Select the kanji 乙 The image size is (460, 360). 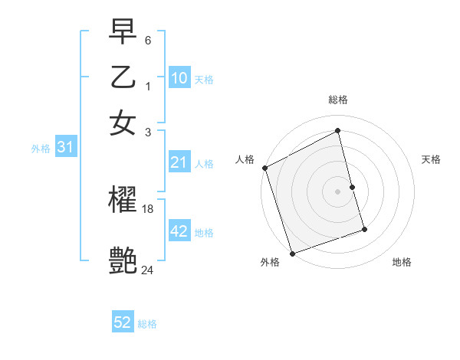coord(123,78)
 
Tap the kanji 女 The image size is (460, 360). coord(123,123)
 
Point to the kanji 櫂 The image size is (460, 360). coord(123,201)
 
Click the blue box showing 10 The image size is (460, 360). coord(179,78)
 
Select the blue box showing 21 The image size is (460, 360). coord(179,162)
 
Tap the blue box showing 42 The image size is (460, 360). coord(179,231)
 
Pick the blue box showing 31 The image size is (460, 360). coord(65,148)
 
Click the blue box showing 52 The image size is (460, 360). coord(123,323)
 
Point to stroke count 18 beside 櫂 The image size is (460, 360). coord(148,208)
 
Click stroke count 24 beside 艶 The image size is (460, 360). coord(148,270)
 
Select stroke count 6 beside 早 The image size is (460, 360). coord(148,39)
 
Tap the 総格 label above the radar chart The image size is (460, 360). coord(338,100)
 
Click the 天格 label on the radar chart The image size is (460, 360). coord(432,159)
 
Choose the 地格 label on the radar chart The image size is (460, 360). coord(402,263)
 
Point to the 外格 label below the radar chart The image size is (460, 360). coord(269,263)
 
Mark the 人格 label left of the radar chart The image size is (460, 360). coord(245,159)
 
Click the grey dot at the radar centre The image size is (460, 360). coord(338,191)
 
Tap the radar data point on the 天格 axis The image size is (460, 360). coord(352,187)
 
